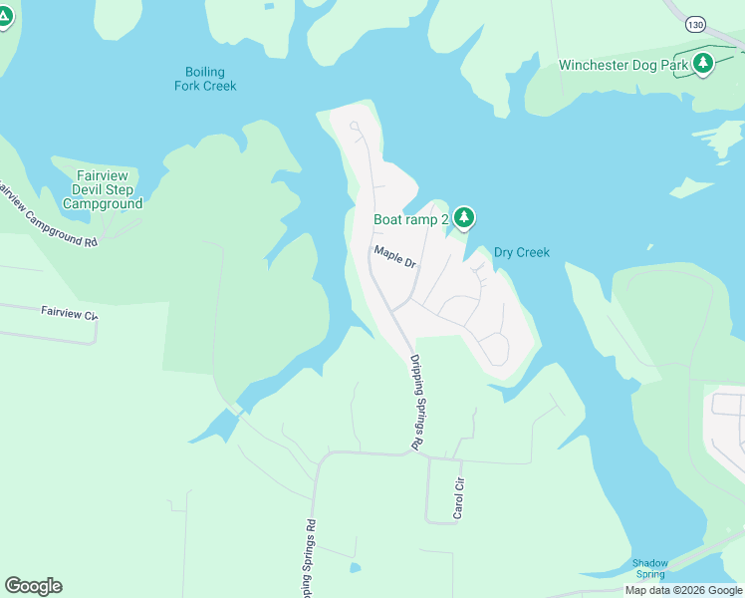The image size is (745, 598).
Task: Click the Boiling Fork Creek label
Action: [205, 79]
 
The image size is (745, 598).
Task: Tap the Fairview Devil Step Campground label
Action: [103, 189]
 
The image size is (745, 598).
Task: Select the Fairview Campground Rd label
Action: [48, 214]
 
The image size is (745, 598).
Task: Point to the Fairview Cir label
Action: [70, 313]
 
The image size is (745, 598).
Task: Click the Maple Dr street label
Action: [394, 257]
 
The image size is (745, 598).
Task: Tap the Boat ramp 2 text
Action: [410, 219]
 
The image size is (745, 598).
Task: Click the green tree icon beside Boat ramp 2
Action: [463, 216]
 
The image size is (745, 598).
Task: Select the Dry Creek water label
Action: [521, 253]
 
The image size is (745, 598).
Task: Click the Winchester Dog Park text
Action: [623, 66]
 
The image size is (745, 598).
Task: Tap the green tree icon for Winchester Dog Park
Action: [704, 64]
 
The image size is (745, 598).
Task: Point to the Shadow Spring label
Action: [649, 568]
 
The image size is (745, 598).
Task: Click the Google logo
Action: [33, 586]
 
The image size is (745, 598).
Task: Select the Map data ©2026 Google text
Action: [683, 590]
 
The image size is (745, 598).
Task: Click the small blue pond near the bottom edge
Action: [356, 568]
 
